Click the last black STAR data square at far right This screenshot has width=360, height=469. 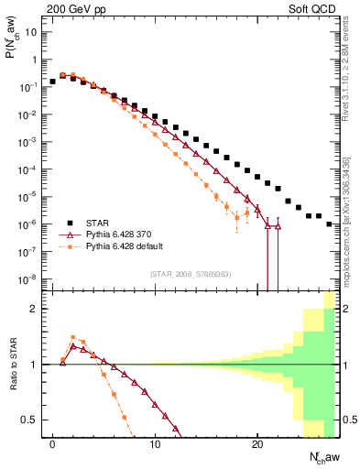(x=329, y=224)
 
